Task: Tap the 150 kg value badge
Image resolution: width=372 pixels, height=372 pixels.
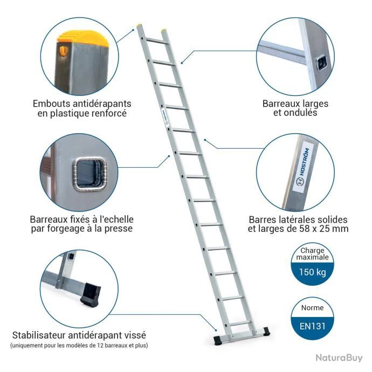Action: point(313,272)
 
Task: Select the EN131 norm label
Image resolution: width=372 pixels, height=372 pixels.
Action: point(313,326)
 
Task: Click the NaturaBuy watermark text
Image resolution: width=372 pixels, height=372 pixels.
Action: point(339,357)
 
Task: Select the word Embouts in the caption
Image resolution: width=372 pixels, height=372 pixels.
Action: point(52,103)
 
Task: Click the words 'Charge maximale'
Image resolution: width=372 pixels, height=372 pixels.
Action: point(313,253)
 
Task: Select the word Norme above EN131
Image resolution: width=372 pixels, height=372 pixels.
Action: point(313,308)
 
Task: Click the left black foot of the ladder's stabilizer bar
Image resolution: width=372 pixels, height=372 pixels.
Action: point(218,340)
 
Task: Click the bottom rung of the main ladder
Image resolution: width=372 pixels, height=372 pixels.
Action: point(240,322)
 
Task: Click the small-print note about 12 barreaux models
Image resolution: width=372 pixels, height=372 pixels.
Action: point(79,345)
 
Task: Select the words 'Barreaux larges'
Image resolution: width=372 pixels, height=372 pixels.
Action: point(295,103)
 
